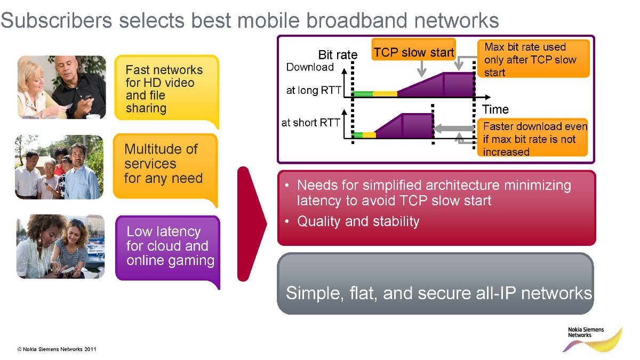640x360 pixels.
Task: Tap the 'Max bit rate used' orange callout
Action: tap(533, 59)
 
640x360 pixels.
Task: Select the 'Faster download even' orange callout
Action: tap(533, 138)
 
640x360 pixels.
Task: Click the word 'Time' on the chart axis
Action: tap(495, 109)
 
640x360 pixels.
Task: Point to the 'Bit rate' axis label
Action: tap(338, 54)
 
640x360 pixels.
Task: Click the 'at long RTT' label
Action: tap(314, 90)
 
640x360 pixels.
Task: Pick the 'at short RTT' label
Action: tap(310, 123)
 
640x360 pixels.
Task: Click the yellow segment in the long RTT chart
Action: tap(385, 94)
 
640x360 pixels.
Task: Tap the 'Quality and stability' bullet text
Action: tap(358, 221)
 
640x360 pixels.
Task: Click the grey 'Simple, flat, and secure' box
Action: tap(435, 283)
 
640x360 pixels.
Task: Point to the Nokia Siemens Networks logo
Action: tap(593, 339)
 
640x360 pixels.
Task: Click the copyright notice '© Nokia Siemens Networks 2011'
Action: tap(57, 349)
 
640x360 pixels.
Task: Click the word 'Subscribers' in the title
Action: tap(57, 20)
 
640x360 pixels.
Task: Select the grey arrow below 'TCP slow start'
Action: tap(422, 69)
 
